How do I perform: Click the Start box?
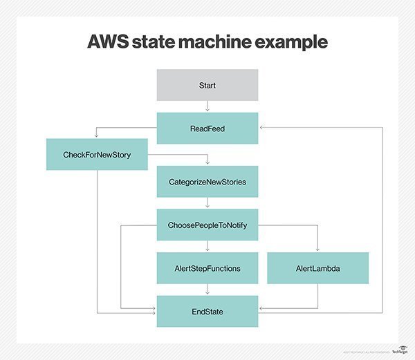click(207, 85)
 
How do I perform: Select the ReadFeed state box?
click(207, 129)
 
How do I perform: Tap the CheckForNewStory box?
click(97, 154)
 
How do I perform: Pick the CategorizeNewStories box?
click(207, 182)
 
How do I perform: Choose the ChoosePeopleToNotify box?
click(207, 225)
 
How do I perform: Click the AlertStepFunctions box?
click(207, 268)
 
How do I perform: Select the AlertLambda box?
click(317, 268)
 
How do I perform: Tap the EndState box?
click(207, 312)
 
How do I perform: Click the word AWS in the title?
click(112, 41)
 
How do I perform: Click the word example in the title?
click(293, 41)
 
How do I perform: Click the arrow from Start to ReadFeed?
click(207, 107)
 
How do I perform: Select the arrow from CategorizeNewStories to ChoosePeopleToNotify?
click(207, 204)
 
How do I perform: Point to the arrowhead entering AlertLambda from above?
click(317, 249)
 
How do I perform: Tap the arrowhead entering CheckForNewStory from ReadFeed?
click(97, 136)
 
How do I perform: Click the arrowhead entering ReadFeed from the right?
click(261, 129)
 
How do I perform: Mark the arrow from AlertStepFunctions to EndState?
click(207, 290)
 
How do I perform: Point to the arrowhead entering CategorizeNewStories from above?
click(207, 163)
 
